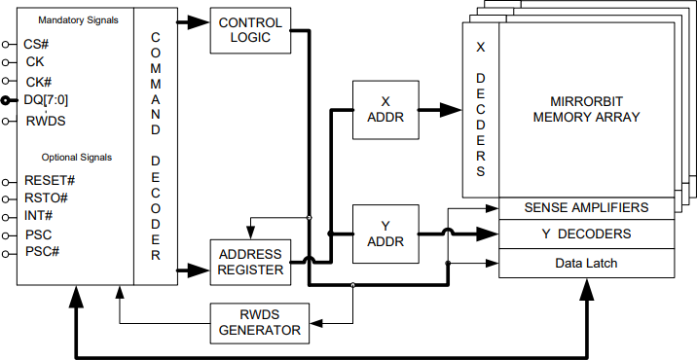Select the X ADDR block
click(x=383, y=109)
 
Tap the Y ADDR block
click(x=383, y=234)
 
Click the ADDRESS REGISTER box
click(x=249, y=261)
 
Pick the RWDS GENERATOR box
click(x=258, y=322)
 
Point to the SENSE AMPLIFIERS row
click(x=585, y=208)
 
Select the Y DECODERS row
click(x=585, y=234)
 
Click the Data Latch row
click(x=585, y=263)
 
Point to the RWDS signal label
click(x=44, y=121)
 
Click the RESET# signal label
click(x=50, y=180)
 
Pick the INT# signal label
click(x=39, y=216)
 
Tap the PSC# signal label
click(x=42, y=252)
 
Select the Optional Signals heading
click(x=77, y=157)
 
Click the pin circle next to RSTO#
click(x=7, y=198)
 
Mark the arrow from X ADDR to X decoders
click(x=440, y=109)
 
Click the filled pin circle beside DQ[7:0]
click(x=7, y=101)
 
